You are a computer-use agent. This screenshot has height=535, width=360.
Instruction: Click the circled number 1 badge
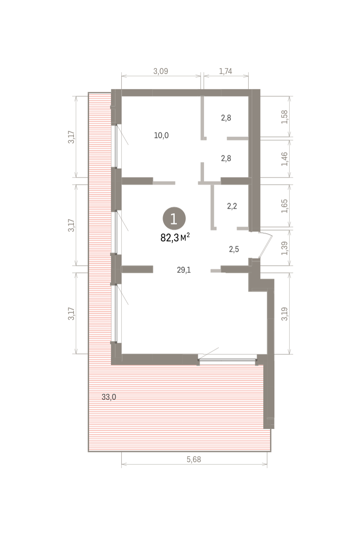pos(174,218)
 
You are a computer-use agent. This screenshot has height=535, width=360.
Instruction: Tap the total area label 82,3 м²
pos(175,237)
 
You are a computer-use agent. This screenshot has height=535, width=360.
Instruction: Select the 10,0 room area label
pos(161,136)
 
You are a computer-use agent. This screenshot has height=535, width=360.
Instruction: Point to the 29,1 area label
pos(184,270)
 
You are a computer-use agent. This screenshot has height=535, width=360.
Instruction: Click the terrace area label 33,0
pos(109,397)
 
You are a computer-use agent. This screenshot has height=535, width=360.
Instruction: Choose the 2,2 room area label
pos(232,206)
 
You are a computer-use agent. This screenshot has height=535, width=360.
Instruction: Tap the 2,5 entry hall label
pos(234,249)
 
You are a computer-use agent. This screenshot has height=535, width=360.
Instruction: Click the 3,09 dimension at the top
pos(161,71)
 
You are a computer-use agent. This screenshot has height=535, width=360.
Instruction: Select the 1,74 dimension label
pos(225,71)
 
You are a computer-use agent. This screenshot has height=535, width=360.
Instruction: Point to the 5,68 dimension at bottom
pos(194,459)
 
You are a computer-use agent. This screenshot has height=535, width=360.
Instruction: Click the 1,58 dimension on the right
pos(285,117)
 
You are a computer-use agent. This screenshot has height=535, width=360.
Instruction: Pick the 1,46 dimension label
pos(285,159)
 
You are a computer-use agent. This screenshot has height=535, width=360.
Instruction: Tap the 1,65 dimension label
pos(285,206)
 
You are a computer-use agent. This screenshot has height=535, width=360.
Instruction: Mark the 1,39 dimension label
pos(285,248)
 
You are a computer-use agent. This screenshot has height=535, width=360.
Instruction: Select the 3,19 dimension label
pos(285,313)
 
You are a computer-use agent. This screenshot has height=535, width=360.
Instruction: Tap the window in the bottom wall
pos(227,360)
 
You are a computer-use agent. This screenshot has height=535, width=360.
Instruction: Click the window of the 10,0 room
pos(116,146)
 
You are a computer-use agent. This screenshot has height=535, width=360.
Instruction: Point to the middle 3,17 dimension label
pos(71,225)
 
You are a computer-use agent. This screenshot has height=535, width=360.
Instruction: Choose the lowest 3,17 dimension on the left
pos(71,313)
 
